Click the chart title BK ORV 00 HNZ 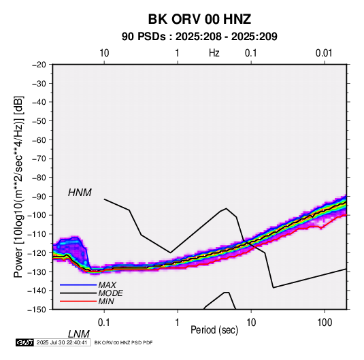pos(199,19)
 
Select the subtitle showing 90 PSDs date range pos(199,37)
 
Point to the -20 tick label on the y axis pos(39,65)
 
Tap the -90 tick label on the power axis pos(39,196)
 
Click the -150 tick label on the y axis pos(37,310)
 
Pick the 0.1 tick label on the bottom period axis pos(104,323)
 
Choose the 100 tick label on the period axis pos(325,323)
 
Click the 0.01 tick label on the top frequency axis pos(324,53)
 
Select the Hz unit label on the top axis pos(214,53)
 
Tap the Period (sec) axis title pos(214,330)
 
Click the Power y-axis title pos(19,186)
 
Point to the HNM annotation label pos(80,193)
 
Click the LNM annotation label pos(79,334)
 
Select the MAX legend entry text pos(107,285)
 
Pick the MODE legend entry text pos(110,293)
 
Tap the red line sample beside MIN pos(78,301)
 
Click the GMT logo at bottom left pos(25,342)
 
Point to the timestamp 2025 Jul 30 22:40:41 pos(62,342)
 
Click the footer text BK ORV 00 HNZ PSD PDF pos(124,342)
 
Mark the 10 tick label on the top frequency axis pos(104,53)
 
